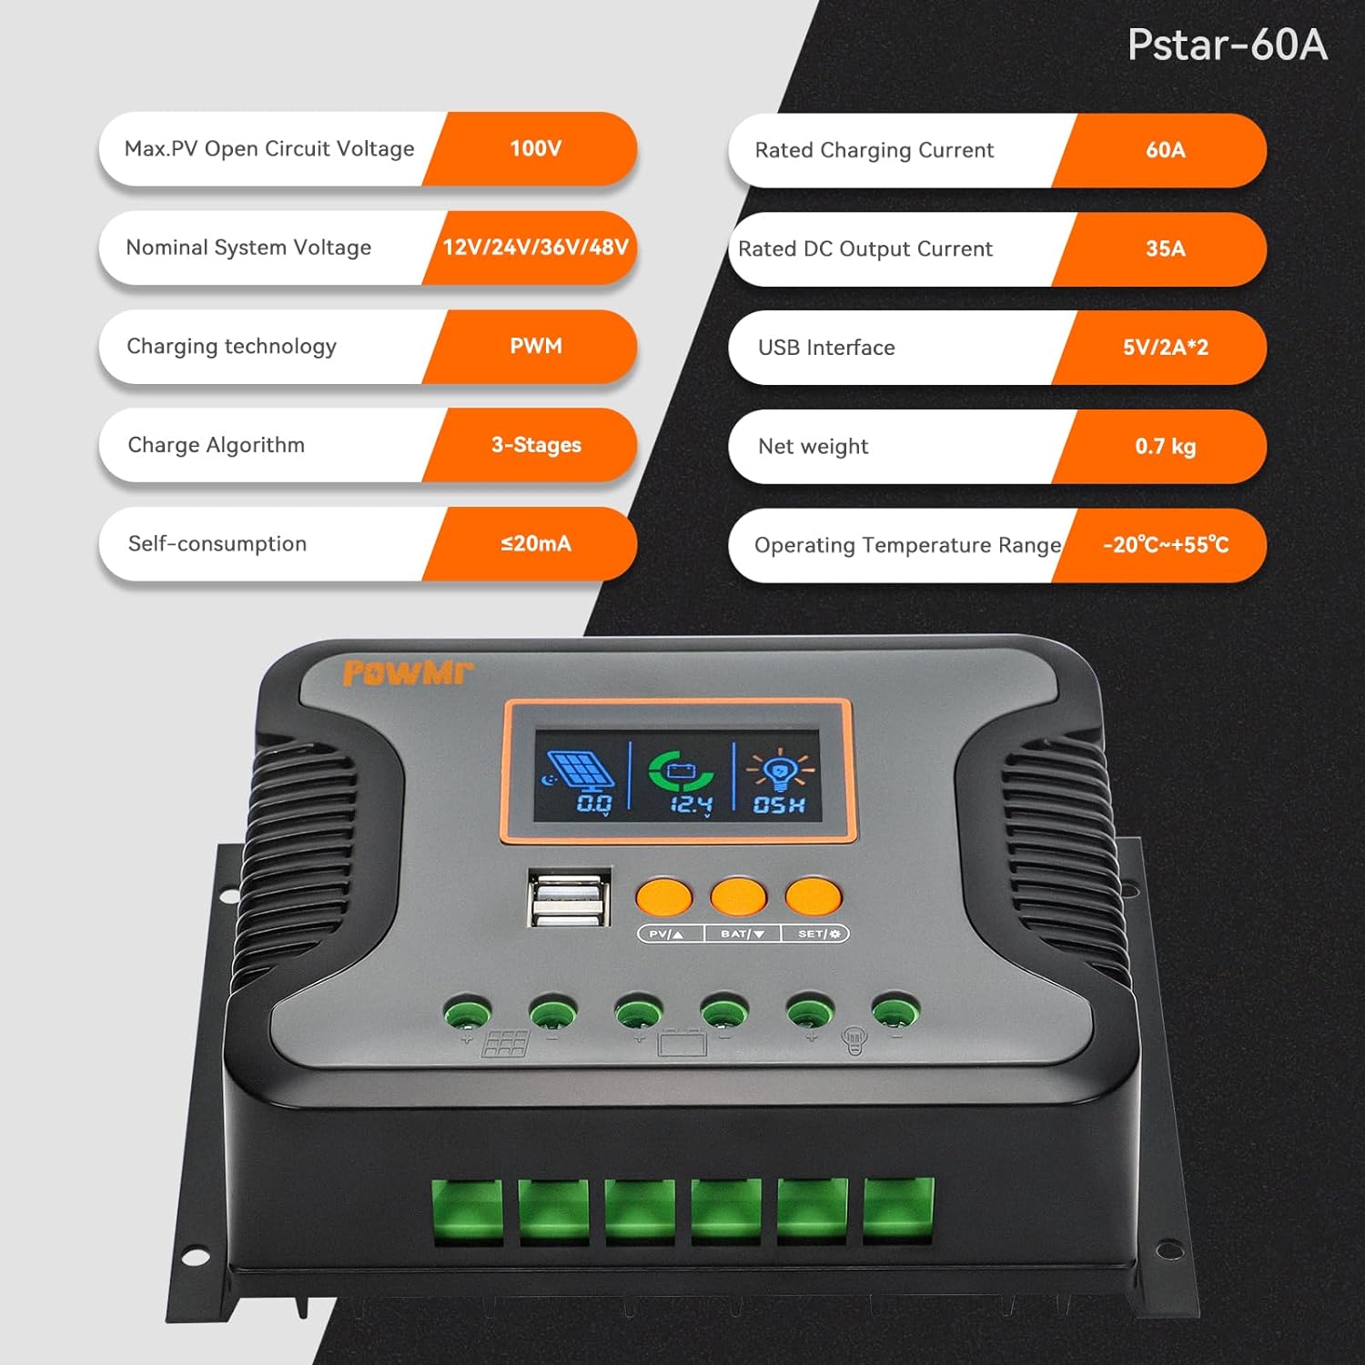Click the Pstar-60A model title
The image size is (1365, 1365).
(x=1227, y=45)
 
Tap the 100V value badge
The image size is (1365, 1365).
(x=535, y=148)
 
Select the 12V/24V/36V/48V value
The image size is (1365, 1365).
(x=535, y=248)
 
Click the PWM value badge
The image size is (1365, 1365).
(x=535, y=346)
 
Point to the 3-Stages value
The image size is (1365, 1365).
(x=535, y=445)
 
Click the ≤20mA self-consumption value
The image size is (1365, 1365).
(x=535, y=544)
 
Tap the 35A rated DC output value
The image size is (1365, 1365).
(x=1165, y=248)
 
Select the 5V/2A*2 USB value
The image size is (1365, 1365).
(x=1165, y=348)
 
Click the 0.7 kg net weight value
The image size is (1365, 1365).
(x=1165, y=446)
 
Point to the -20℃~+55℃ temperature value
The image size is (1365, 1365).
(x=1165, y=545)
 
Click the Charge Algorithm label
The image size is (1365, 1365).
(x=216, y=445)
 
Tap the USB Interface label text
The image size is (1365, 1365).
(x=825, y=348)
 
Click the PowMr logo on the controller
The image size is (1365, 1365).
(x=408, y=673)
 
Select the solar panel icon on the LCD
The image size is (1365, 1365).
(x=580, y=769)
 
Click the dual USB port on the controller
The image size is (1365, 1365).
(x=569, y=899)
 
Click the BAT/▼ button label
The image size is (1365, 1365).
(x=742, y=934)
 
